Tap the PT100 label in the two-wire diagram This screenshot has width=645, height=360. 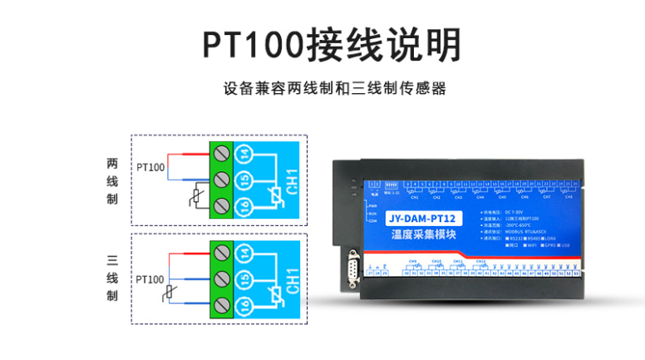tap(151, 168)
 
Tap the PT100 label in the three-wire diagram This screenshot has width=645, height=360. tap(150, 279)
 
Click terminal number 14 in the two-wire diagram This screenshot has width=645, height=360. tap(244, 154)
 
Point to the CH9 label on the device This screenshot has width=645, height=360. tap(413, 262)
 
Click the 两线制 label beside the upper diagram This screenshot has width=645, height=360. tap(112, 181)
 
